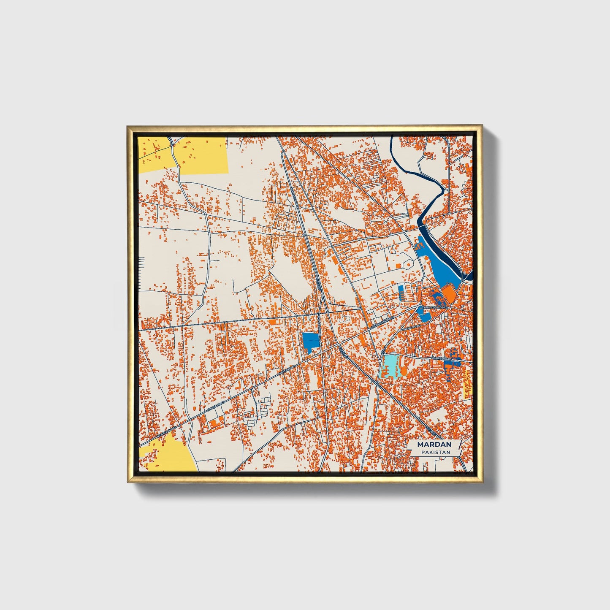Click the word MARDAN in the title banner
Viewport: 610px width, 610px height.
[434, 444]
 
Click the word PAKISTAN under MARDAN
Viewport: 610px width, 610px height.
[435, 452]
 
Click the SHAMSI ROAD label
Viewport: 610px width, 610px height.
[441, 359]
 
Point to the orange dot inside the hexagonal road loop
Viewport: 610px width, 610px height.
[409, 265]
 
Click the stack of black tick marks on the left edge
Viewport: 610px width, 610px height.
[142, 270]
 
